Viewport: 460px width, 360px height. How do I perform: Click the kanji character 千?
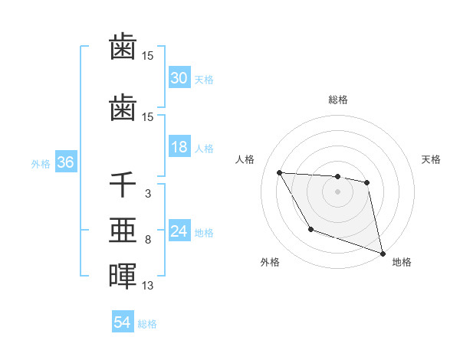(x=123, y=185)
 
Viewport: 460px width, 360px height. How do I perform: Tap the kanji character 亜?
(x=123, y=231)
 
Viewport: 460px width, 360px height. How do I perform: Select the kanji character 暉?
(x=123, y=276)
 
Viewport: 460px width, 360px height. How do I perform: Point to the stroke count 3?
(x=147, y=195)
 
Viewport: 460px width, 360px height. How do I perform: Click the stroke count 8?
(x=147, y=241)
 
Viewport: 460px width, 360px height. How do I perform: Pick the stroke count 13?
(x=147, y=286)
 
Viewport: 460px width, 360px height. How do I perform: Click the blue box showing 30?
(x=179, y=78)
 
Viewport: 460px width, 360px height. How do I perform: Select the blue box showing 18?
(x=179, y=148)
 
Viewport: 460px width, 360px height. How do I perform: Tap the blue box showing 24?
(x=179, y=232)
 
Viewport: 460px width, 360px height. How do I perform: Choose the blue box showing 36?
(x=65, y=163)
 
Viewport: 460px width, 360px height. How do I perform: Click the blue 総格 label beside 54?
(x=147, y=324)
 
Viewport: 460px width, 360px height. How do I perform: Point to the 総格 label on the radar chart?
(x=337, y=100)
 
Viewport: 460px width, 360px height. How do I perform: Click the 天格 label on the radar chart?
(x=431, y=159)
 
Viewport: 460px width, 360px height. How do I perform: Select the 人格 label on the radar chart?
(x=245, y=159)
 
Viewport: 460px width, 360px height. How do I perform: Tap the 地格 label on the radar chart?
(x=402, y=262)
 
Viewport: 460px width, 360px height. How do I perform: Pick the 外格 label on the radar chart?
(x=270, y=262)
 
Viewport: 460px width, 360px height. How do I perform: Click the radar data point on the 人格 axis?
(x=280, y=172)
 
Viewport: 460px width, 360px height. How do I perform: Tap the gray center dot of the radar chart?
(x=337, y=191)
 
